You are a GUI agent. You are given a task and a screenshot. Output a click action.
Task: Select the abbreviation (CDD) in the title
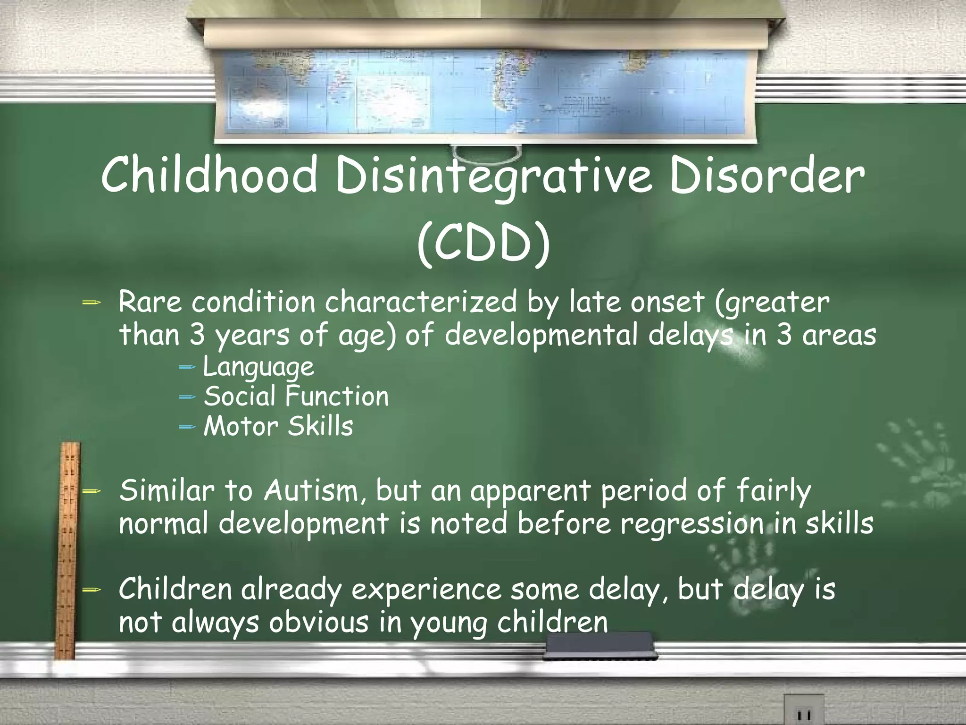point(483,245)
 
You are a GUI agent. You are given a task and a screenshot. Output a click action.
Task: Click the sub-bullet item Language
point(258,367)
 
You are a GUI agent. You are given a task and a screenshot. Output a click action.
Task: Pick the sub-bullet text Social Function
point(296,396)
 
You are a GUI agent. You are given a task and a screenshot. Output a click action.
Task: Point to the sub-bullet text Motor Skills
point(278,426)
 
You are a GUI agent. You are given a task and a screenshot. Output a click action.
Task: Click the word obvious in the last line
point(318,623)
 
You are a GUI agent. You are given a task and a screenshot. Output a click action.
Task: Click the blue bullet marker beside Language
point(187,367)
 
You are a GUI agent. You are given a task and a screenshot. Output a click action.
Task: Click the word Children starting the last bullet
point(175,590)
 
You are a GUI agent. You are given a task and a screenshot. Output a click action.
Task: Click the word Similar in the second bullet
point(167,491)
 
